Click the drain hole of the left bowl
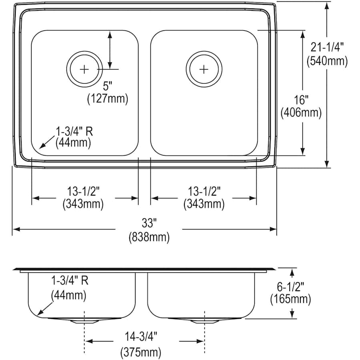[x=84, y=69]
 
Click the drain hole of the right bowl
[x=204, y=69]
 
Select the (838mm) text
[x=149, y=237]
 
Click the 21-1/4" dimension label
[x=327, y=47]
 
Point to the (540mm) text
[x=327, y=61]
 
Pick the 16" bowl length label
[x=301, y=99]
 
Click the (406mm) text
[x=301, y=113]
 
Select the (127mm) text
[x=108, y=99]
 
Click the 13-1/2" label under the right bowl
[x=204, y=191]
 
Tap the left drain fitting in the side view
[x=84, y=321]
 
